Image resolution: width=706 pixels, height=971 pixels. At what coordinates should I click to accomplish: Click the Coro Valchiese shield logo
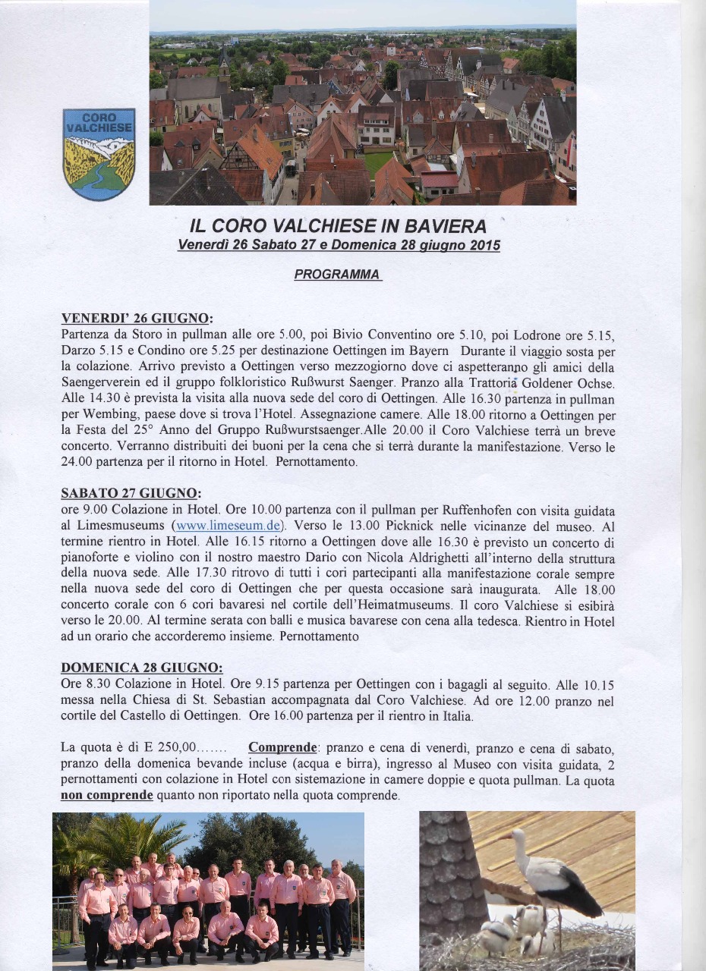point(99,154)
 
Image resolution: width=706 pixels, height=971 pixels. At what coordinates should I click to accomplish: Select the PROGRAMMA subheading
point(337,274)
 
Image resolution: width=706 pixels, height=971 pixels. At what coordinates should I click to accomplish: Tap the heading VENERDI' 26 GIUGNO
point(135,318)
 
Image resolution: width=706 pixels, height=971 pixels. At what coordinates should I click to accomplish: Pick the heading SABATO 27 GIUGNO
point(131,493)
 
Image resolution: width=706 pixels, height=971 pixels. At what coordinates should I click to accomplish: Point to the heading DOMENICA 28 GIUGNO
point(141,668)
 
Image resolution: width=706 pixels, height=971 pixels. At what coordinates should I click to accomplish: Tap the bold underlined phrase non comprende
point(106,795)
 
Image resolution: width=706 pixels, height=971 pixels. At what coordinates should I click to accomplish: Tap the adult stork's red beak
point(504,837)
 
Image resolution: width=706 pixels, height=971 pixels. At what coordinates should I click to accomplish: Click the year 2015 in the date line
point(484,245)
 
